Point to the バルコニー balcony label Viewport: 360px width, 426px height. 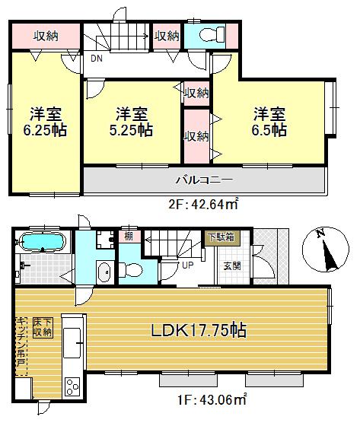[204, 180]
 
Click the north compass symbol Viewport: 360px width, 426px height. [325, 250]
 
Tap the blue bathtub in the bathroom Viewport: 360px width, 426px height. [43, 243]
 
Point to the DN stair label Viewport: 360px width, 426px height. [97, 58]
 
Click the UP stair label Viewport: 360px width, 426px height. [186, 265]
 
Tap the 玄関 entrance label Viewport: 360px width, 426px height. [231, 265]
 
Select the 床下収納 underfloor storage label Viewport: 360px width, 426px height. [42, 327]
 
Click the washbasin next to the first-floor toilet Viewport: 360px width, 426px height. [104, 272]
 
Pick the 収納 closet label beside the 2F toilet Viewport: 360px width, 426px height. [167, 35]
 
